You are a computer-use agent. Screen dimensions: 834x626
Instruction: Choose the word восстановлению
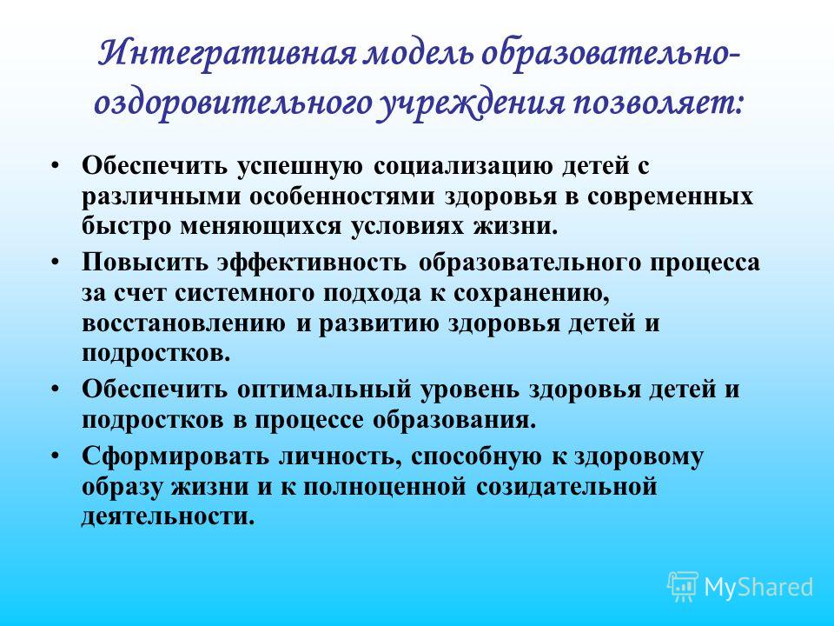coord(183,324)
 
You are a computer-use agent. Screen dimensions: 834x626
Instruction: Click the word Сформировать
coord(175,457)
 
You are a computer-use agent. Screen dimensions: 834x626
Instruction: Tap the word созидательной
coord(566,488)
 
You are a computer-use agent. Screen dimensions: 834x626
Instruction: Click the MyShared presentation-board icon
coord(683,587)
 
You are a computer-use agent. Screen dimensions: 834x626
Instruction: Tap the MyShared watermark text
coord(759,587)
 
